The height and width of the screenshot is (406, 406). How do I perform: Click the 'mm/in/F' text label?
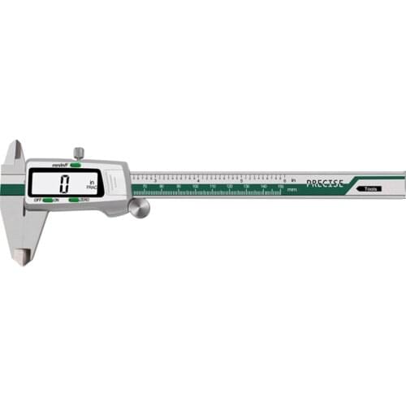point(58,165)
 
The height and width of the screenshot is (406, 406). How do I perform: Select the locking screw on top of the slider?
point(78,152)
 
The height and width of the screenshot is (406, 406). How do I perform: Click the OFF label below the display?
point(37,199)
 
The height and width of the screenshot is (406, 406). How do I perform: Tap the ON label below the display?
point(56,199)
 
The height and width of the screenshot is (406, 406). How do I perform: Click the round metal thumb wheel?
point(139,208)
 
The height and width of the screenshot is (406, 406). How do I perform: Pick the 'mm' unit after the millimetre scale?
point(292,189)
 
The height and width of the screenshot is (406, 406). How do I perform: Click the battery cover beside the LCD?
point(116,180)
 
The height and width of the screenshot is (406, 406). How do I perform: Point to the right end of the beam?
point(402,184)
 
